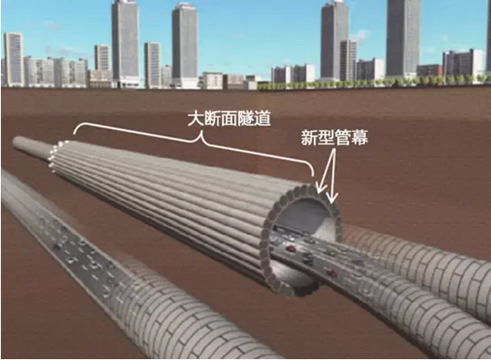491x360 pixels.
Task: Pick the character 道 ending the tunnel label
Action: tap(262, 118)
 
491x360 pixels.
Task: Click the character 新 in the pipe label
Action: tap(310, 137)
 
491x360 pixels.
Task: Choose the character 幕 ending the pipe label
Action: tap(360, 137)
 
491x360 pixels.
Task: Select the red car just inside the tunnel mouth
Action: tap(291, 249)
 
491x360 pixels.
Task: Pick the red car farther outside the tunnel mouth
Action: tap(332, 273)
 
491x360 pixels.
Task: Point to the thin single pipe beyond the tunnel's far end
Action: tap(31, 148)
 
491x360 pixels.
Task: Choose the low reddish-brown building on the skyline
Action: tap(430, 71)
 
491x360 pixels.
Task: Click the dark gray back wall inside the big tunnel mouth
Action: tap(299, 217)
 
